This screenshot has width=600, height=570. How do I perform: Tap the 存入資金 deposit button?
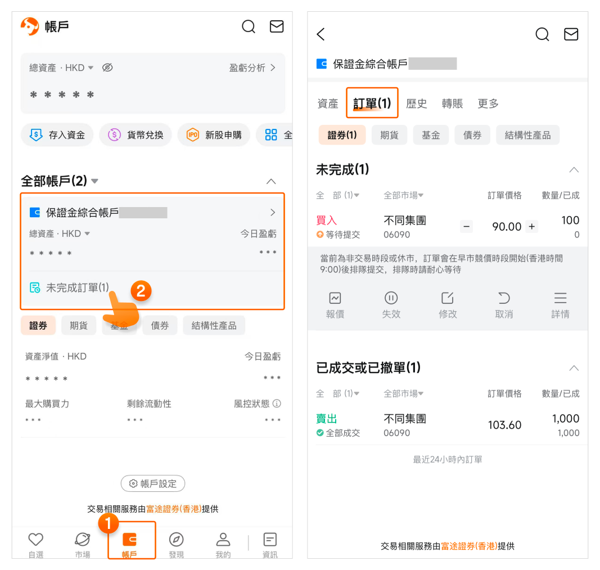pyautogui.click(x=57, y=134)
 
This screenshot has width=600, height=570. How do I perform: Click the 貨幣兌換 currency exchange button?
pyautogui.click(x=136, y=134)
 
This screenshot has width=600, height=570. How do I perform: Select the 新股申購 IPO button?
pyautogui.click(x=214, y=134)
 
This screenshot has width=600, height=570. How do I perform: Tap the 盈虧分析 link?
pyautogui.click(x=252, y=68)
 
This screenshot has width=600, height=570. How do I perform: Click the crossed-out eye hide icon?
pyautogui.click(x=107, y=68)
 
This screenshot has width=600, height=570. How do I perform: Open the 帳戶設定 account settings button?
pyautogui.click(x=153, y=483)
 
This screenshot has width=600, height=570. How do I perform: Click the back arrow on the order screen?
pyautogui.click(x=321, y=34)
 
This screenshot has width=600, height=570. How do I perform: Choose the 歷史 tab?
pyautogui.click(x=416, y=104)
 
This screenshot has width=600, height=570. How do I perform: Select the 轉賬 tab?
pyautogui.click(x=452, y=104)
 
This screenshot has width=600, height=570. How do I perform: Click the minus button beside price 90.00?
pyautogui.click(x=467, y=227)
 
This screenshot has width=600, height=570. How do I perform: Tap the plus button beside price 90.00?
pyautogui.click(x=531, y=227)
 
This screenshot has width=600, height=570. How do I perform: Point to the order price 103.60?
pyautogui.click(x=505, y=425)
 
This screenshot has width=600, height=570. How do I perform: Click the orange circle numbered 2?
pyautogui.click(x=141, y=291)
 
